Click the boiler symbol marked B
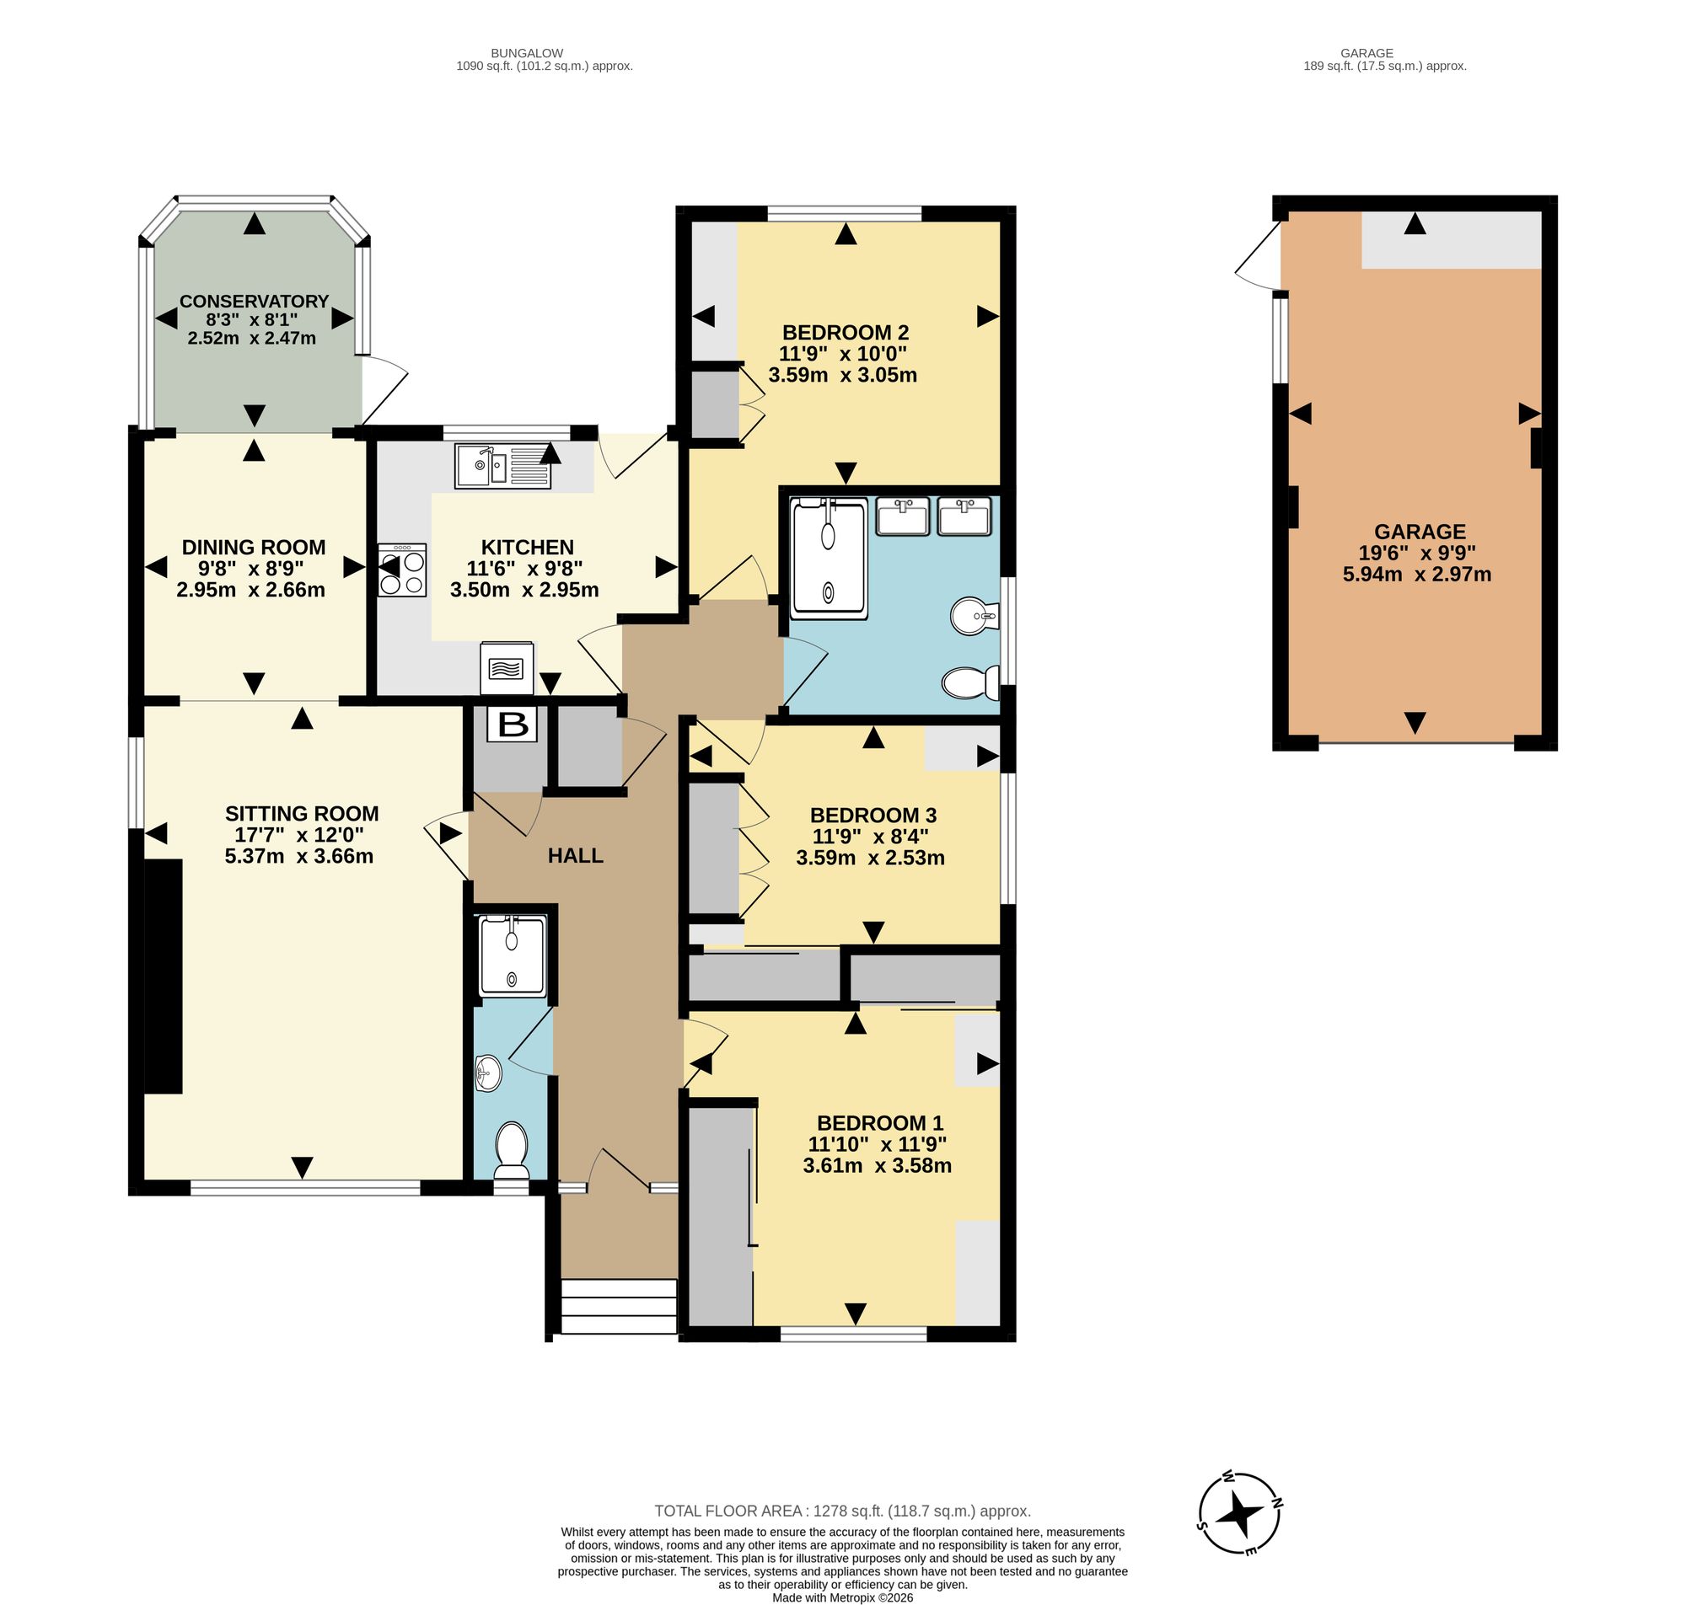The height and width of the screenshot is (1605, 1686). (x=513, y=724)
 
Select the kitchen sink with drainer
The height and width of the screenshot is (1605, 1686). (x=503, y=466)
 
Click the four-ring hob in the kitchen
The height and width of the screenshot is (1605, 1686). (x=402, y=570)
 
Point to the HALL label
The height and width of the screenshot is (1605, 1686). (x=575, y=855)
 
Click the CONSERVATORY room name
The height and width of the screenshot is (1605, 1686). (x=255, y=301)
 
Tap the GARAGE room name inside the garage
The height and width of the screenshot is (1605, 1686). (x=1420, y=532)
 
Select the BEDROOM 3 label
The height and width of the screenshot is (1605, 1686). (x=873, y=815)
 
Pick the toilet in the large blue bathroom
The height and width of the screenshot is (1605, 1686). (x=970, y=682)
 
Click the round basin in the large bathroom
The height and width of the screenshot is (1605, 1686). (x=974, y=616)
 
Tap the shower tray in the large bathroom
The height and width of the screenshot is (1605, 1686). (x=829, y=559)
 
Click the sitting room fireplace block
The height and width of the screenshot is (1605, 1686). (x=164, y=976)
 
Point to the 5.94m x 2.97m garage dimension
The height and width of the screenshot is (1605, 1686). (x=1416, y=574)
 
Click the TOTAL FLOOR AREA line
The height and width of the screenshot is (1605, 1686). (x=842, y=1511)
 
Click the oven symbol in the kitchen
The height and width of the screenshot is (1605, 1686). (x=507, y=668)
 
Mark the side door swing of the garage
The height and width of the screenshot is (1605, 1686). (x=1256, y=255)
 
